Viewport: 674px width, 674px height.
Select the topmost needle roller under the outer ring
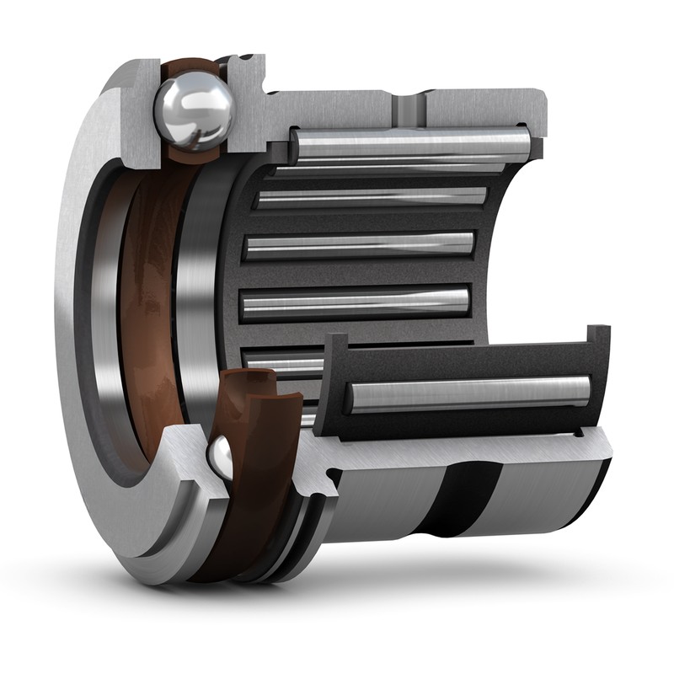pyautogui.click(x=413, y=144)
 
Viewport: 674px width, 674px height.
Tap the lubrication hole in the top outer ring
pyautogui.click(x=409, y=108)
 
